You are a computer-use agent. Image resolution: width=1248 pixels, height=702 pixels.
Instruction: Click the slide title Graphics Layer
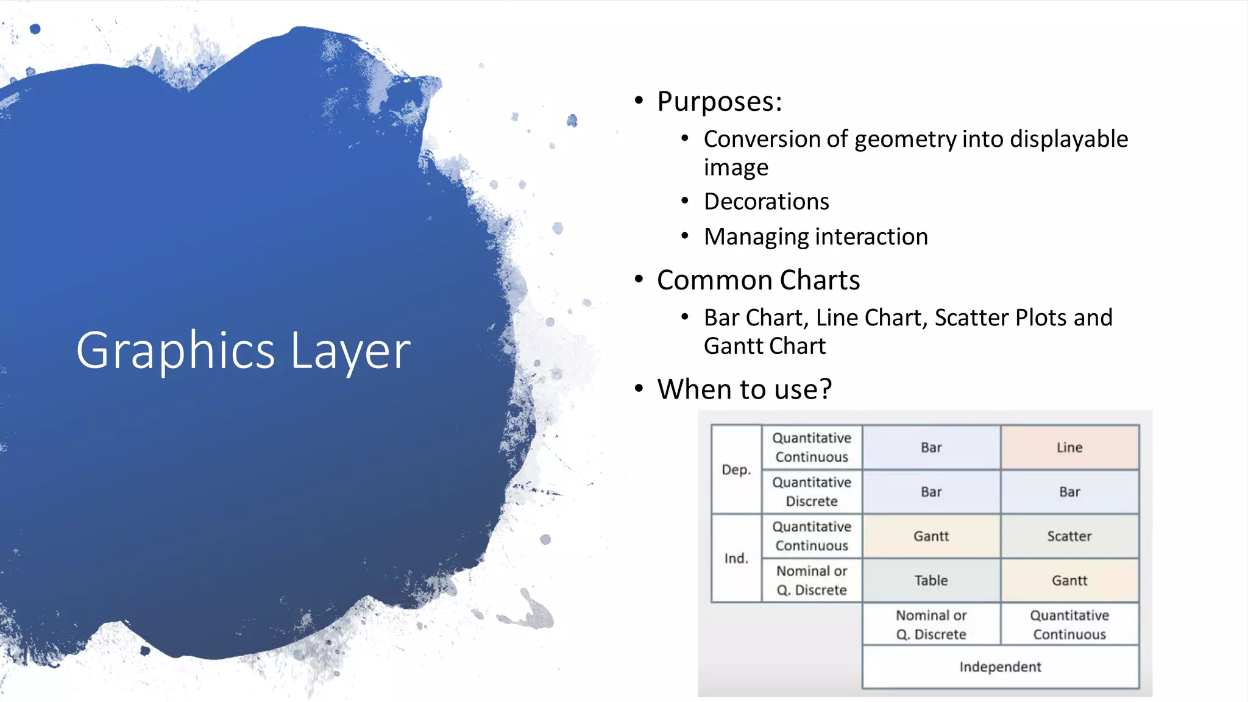point(243,350)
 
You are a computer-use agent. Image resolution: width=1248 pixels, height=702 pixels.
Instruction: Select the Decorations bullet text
point(766,202)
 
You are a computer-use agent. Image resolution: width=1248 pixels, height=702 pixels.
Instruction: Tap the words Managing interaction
point(815,237)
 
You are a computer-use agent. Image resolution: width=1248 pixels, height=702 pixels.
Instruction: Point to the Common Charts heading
point(758,280)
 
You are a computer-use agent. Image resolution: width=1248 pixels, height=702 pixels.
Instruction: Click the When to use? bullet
point(744,389)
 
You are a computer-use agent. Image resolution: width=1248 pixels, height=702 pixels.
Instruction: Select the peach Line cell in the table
point(1069,447)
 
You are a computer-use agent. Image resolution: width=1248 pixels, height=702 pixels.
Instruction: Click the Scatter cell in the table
point(1069,536)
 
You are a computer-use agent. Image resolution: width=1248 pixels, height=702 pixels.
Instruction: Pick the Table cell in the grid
point(931,581)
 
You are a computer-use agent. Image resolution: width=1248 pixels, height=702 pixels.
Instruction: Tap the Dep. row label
point(736,470)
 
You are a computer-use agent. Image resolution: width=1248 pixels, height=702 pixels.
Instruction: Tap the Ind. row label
point(736,558)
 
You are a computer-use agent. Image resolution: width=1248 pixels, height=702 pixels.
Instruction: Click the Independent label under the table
point(1000,667)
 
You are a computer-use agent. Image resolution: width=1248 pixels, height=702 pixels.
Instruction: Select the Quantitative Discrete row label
point(812,492)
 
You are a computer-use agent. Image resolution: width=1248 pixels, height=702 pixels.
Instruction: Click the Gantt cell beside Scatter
point(931,536)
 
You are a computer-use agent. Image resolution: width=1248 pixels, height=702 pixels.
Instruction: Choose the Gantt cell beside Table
point(1069,581)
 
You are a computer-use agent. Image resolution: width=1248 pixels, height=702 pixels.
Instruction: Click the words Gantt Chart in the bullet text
point(765,346)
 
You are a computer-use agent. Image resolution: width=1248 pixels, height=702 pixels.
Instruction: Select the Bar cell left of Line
point(931,447)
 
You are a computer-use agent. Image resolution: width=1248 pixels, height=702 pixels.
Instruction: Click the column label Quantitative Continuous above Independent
point(1069,625)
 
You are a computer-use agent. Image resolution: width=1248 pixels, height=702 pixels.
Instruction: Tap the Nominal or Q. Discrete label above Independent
point(931,625)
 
